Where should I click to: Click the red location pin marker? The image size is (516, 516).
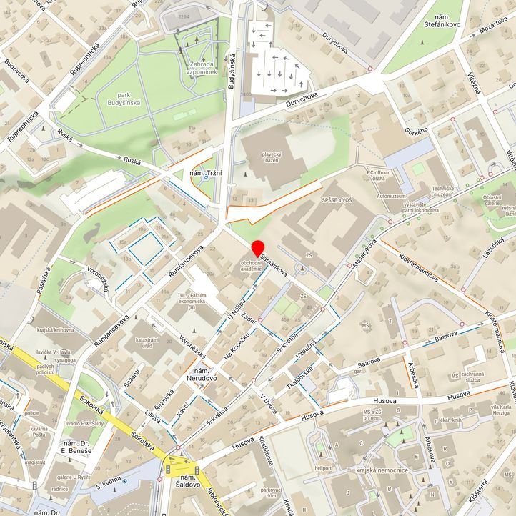(x=257, y=249)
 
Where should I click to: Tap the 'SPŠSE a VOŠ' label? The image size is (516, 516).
(x=338, y=202)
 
